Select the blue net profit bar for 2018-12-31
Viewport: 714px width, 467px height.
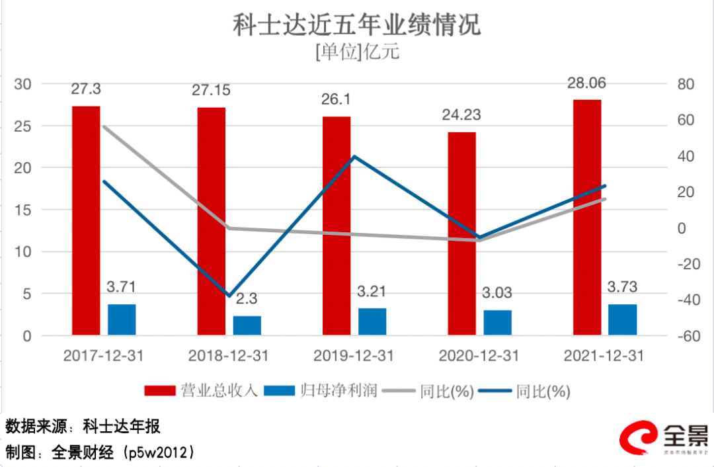pos(247,325)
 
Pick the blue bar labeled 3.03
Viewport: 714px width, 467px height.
pos(497,322)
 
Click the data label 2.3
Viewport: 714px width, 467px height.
pos(247,298)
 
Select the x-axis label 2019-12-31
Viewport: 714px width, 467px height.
pos(353,356)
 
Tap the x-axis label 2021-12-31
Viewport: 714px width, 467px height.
pos(604,356)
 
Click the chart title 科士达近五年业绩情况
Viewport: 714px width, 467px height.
pos(356,25)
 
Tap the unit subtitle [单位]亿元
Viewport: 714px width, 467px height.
pos(357,52)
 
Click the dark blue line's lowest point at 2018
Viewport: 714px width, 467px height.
pos(229,296)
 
